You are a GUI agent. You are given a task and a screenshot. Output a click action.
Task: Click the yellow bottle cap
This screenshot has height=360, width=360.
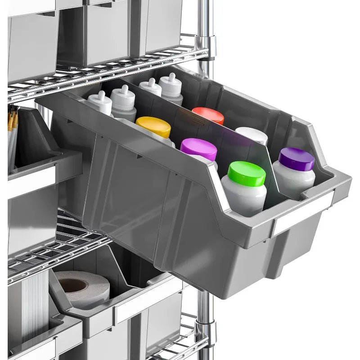click(153, 126)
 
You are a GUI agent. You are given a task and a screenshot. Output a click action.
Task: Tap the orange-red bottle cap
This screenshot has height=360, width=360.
click(208, 116)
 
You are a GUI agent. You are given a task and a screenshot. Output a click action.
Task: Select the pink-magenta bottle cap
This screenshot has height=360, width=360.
click(198, 149)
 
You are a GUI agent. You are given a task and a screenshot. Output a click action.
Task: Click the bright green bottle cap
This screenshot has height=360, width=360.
click(246, 173)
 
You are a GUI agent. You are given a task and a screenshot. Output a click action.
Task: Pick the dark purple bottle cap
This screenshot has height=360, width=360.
click(297, 158)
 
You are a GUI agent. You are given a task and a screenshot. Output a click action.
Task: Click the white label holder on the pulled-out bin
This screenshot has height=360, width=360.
click(302, 213)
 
